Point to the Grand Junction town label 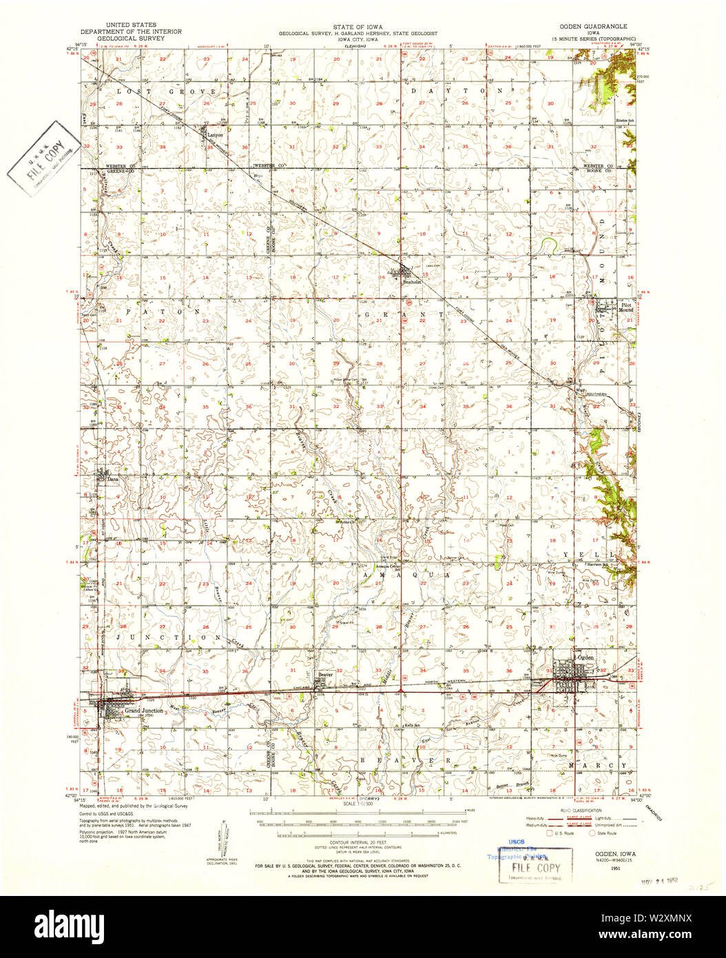click(x=143, y=711)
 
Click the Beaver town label click(x=325, y=675)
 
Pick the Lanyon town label click(x=216, y=135)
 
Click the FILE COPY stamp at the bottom click(x=535, y=867)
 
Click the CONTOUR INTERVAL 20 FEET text click(x=357, y=843)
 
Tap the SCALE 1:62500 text click(x=357, y=804)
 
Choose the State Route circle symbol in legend click(x=591, y=833)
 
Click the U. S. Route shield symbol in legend click(x=549, y=833)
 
